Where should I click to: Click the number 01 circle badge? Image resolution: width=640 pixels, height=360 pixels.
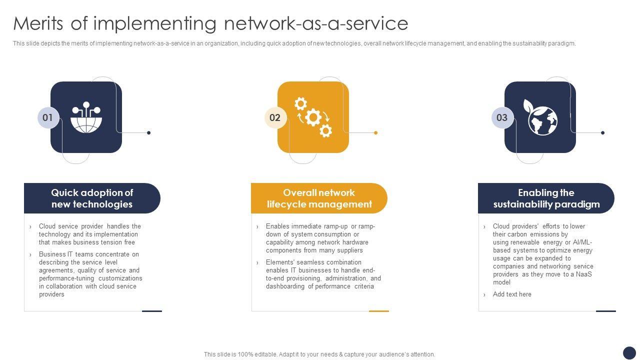(x=48, y=118)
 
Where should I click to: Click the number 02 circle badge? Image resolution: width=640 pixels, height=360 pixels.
(x=275, y=118)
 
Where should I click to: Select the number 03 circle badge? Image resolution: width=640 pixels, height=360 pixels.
(x=502, y=118)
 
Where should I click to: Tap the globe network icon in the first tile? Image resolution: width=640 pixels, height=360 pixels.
(x=86, y=118)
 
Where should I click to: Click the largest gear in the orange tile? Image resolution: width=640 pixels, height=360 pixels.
(x=313, y=117)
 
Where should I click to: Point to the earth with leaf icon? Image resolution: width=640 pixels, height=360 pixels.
(x=541, y=118)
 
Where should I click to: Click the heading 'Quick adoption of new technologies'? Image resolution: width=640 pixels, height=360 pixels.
(x=92, y=198)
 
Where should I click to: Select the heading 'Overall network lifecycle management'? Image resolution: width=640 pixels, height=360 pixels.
(x=319, y=198)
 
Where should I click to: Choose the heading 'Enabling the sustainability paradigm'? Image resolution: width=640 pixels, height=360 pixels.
(x=546, y=198)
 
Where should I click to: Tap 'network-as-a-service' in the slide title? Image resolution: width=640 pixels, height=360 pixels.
(x=316, y=23)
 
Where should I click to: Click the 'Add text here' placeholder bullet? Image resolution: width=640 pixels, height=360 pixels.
(x=512, y=294)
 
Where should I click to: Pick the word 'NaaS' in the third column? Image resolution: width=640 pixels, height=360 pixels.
(x=584, y=274)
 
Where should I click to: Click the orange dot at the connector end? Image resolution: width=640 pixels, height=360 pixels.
(x=375, y=132)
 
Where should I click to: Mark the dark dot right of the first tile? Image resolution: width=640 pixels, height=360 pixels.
(x=148, y=132)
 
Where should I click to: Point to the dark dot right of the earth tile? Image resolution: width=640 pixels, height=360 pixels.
(x=602, y=132)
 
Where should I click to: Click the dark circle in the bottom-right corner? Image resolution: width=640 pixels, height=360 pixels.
(x=629, y=352)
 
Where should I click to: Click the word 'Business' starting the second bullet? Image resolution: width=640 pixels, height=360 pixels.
(x=52, y=254)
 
